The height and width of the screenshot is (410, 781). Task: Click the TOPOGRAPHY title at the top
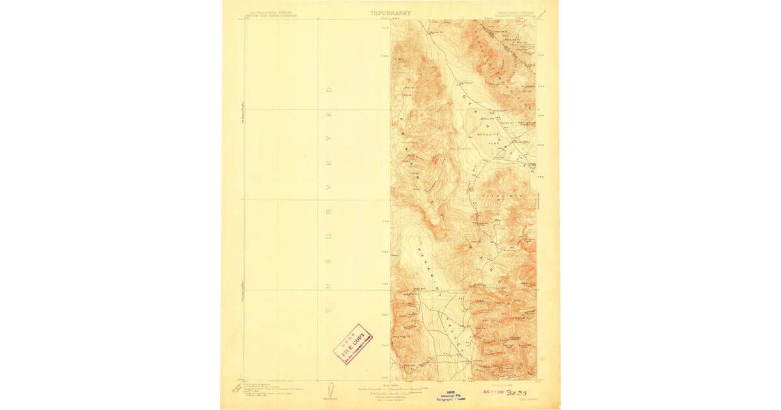390,13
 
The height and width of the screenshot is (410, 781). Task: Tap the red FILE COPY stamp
353,344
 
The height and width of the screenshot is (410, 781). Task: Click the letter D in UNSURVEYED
329,89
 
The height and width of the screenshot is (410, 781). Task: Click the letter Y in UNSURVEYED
329,139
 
